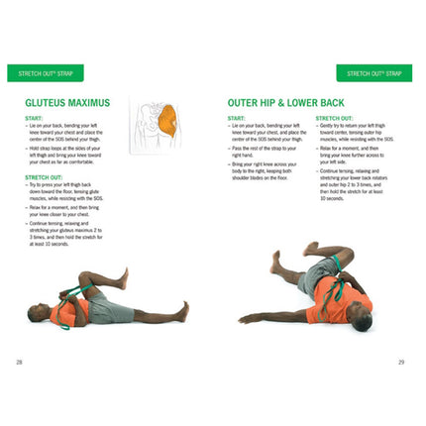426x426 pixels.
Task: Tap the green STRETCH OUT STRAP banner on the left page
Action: tap(45, 73)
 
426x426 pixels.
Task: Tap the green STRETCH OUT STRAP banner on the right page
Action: tap(373, 73)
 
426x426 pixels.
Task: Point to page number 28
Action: tap(19, 362)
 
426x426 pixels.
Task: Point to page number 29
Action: tap(401, 362)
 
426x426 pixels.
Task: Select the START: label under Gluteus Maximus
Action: tap(33, 118)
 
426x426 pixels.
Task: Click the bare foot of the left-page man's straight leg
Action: tap(182, 309)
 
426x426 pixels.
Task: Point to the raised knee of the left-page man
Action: tap(109, 280)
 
